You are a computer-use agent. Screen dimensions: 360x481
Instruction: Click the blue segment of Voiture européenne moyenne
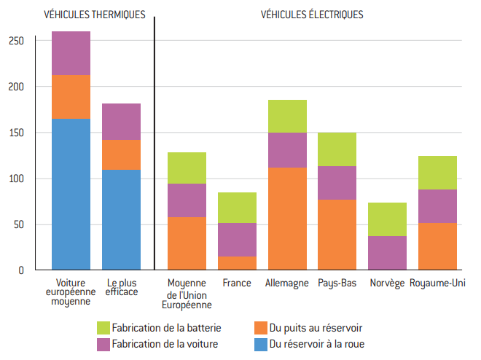pos(71,195)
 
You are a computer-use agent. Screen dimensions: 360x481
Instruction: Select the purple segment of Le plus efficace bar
pos(121,122)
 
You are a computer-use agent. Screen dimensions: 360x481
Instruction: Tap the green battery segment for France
pos(237,208)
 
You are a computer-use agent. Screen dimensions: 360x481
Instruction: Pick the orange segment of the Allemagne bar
pos(287,219)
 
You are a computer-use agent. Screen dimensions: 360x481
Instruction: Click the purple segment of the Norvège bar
pos(387,253)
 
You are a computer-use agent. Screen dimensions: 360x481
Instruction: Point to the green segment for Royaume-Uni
pos(437,173)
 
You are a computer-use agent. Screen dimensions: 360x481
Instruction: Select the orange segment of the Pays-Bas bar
pos(337,235)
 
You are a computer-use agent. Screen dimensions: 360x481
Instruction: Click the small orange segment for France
pos(237,263)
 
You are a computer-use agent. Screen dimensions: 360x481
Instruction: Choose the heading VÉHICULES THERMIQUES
pos(95,15)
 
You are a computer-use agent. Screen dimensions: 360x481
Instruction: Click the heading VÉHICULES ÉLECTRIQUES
pos(312,15)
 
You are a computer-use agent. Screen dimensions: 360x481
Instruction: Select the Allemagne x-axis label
pos(287,283)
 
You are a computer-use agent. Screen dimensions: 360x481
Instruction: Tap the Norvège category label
pos(387,283)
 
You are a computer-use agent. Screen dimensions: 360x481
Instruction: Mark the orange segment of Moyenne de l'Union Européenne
pos(187,243)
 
